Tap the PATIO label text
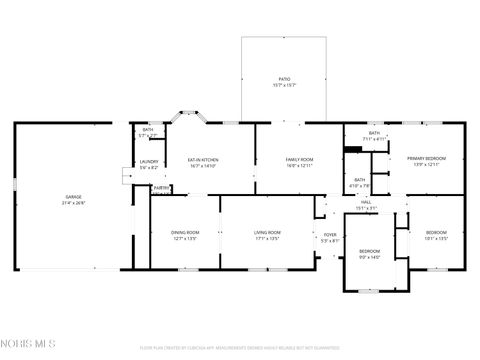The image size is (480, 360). (x=284, y=78)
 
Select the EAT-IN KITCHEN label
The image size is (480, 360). (x=203, y=160)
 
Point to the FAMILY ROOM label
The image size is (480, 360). (x=300, y=160)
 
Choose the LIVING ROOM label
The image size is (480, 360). (x=267, y=233)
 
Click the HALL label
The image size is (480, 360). (x=367, y=203)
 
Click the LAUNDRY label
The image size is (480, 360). (x=149, y=162)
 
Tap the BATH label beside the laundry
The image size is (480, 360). (x=148, y=130)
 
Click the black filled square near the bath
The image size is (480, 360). (x=352, y=151)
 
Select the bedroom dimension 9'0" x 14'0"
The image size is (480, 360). (x=370, y=256)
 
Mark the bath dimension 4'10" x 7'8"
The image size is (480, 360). (x=360, y=185)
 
